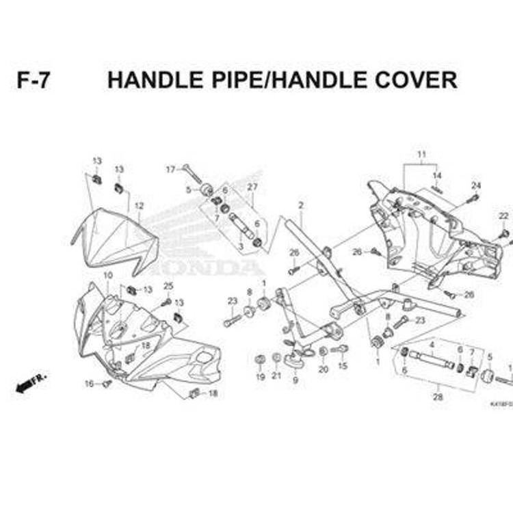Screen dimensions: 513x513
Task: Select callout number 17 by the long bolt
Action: click(x=170, y=169)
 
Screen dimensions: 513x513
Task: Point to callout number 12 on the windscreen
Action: click(x=139, y=206)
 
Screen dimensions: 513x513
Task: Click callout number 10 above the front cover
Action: click(x=107, y=275)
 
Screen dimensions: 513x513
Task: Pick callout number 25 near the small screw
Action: click(x=168, y=286)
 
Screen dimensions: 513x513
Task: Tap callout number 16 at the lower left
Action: click(x=89, y=384)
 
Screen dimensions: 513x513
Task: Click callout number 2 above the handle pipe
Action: click(x=300, y=206)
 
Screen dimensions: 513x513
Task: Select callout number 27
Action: click(x=252, y=187)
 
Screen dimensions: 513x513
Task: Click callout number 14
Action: click(x=437, y=176)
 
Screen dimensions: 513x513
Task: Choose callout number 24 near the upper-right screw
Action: click(x=476, y=185)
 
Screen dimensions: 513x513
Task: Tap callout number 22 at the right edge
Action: click(x=503, y=216)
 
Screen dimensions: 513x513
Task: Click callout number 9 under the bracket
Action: click(x=295, y=380)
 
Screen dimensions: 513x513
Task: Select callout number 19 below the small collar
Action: click(x=260, y=377)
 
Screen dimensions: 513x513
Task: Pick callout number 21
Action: click(x=276, y=376)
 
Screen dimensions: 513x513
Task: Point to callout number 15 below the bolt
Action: click(x=343, y=367)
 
